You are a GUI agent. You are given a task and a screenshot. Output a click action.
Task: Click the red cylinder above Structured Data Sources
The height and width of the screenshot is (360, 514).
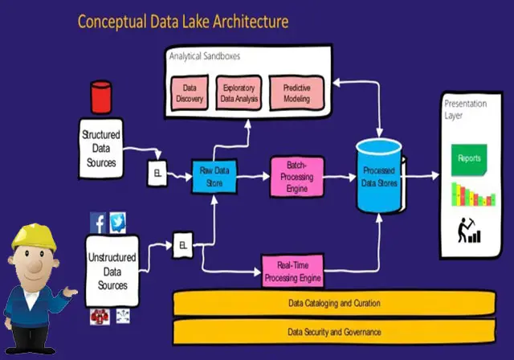(x=100, y=97)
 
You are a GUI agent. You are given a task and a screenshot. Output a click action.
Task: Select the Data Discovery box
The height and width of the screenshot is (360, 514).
(x=190, y=93)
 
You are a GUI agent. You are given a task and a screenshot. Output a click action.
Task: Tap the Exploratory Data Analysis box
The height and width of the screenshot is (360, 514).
(x=239, y=93)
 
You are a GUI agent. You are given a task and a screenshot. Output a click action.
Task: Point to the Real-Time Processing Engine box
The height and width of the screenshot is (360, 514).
(x=293, y=271)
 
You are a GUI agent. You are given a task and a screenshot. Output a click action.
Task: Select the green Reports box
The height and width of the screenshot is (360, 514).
(x=469, y=158)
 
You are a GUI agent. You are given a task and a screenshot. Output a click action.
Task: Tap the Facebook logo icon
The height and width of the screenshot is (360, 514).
(x=98, y=223)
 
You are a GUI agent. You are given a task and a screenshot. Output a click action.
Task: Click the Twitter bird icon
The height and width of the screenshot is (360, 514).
(x=118, y=223)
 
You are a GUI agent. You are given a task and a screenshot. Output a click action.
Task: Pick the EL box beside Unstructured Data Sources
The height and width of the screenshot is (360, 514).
(x=183, y=244)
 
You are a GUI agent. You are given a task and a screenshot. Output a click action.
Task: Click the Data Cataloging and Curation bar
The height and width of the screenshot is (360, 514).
(x=334, y=304)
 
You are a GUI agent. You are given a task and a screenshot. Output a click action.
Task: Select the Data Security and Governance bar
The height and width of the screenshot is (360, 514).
(x=334, y=331)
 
